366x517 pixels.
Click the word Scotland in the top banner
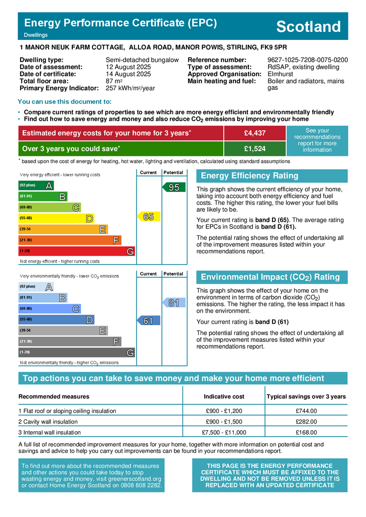pyautogui.click(x=309, y=27)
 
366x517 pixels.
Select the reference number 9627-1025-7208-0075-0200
pyautogui.click(x=307, y=60)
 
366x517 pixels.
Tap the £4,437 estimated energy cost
pyautogui.click(x=254, y=133)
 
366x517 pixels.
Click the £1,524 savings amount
pyautogui.click(x=254, y=148)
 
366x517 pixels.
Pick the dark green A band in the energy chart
pyautogui.click(x=36, y=185)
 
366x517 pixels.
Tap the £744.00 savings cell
pyautogui.click(x=306, y=411)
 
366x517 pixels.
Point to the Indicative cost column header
pyautogui.click(x=224, y=396)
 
